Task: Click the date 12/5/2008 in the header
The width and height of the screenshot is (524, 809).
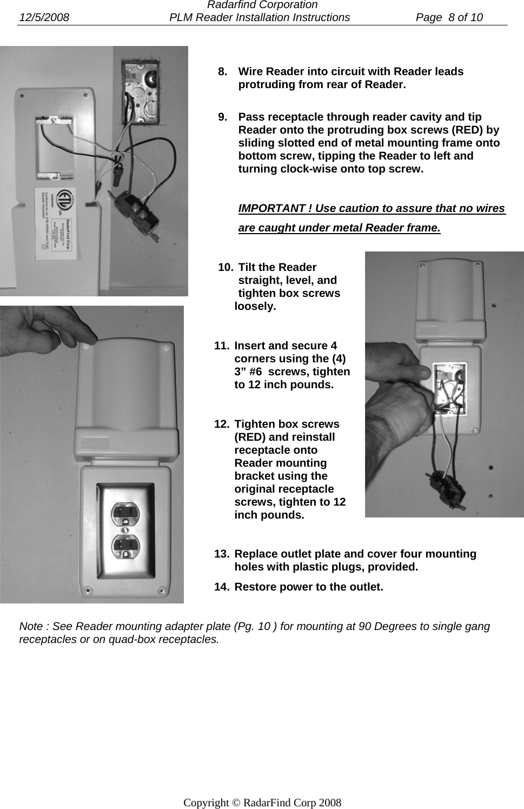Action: tap(44, 17)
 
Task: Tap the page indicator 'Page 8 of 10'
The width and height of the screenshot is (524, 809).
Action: tap(449, 17)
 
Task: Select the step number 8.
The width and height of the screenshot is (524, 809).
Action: tap(222, 71)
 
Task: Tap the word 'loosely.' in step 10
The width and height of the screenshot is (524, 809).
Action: tap(255, 306)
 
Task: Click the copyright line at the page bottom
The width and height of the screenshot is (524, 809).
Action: tap(262, 803)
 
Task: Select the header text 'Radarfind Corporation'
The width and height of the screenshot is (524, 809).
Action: tap(262, 5)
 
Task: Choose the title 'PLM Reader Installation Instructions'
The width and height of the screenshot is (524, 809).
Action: tap(260, 17)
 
